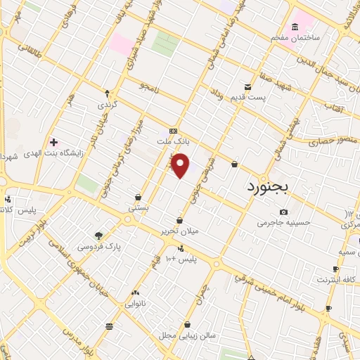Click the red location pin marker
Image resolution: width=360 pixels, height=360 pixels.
click(181, 166)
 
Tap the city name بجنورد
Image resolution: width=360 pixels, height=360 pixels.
click(273, 188)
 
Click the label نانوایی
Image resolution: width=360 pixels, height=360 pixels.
click(135, 304)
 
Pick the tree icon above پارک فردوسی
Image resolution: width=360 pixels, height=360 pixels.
click(98, 236)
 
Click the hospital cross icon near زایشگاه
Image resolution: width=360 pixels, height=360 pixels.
click(53, 142)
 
